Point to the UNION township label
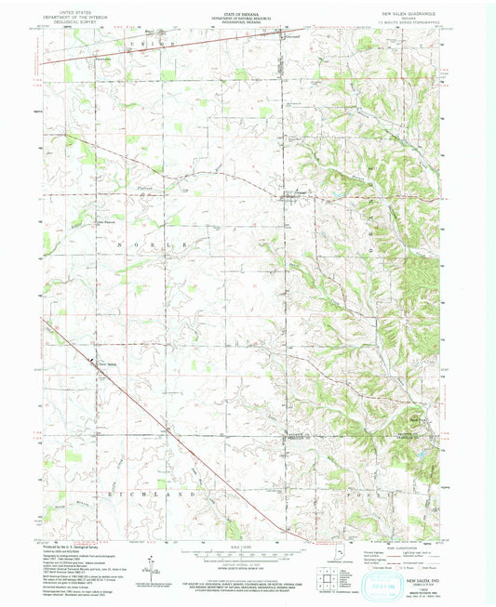click(153, 45)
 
